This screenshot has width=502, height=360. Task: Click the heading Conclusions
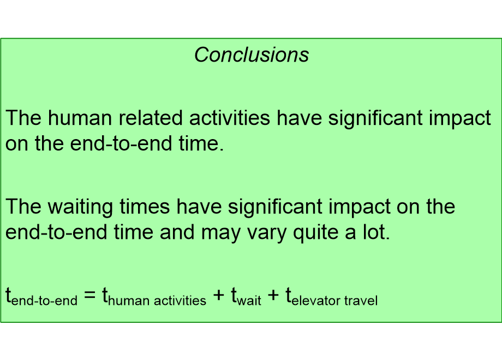[252, 55]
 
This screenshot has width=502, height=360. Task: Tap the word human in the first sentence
[81, 118]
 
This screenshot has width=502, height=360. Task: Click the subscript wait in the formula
[249, 301]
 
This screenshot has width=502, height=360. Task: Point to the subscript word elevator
[316, 301]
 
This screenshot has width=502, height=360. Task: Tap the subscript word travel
[361, 301]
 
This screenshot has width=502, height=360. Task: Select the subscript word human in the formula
[127, 301]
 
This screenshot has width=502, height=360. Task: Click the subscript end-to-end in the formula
[44, 301]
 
